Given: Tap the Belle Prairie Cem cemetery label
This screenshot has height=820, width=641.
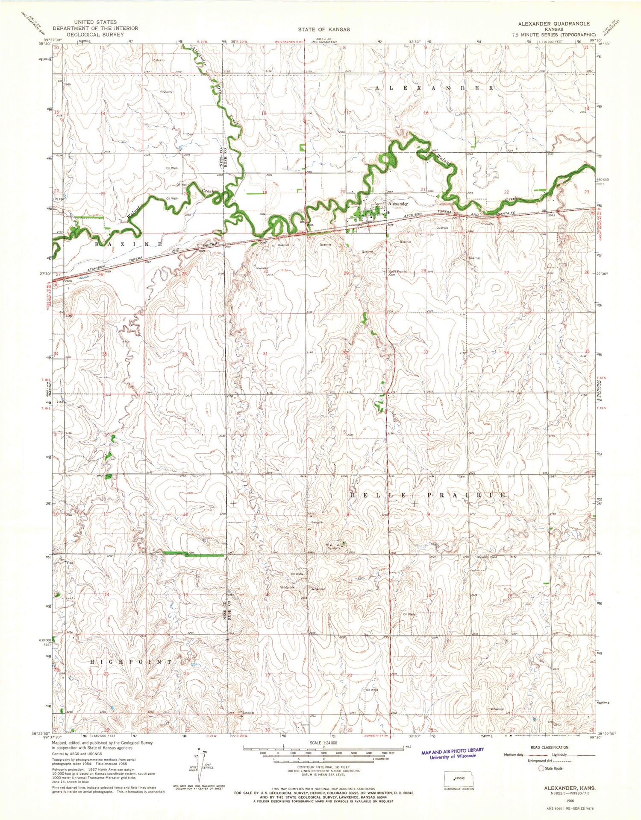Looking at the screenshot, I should click(397, 273).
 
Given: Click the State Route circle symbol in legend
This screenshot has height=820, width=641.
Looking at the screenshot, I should click(541, 768).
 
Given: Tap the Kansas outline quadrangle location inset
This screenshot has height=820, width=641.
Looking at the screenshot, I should click(459, 778).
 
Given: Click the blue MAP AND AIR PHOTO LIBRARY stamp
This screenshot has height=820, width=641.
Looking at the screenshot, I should click(453, 753).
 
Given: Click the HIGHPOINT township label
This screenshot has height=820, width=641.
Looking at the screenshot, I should click(132, 662).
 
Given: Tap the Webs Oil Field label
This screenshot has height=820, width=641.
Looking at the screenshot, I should click(487, 557).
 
